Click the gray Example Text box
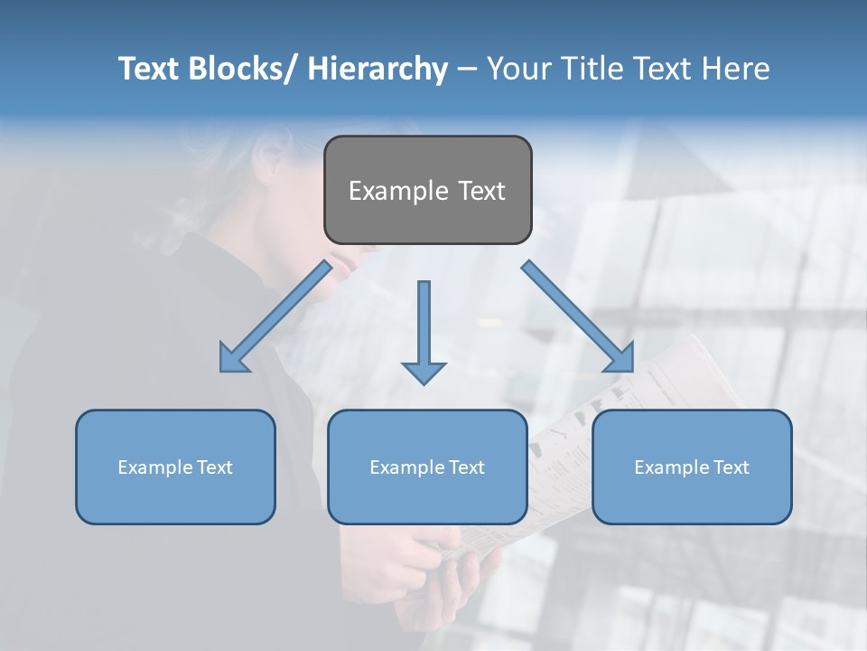(427, 190)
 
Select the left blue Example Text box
(175, 467)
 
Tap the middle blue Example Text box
(427, 467)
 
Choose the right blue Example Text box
(692, 467)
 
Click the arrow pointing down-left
(275, 316)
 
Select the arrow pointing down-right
(578, 316)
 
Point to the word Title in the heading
(597, 69)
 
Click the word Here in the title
(737, 69)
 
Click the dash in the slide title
(467, 69)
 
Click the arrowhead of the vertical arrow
(424, 372)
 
